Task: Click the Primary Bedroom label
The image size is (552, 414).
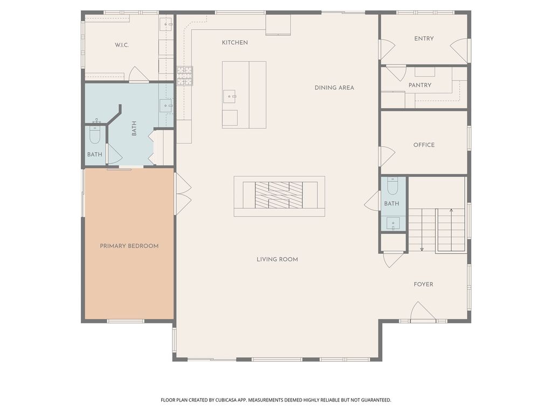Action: coord(129,246)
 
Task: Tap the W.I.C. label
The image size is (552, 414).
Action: coord(121,45)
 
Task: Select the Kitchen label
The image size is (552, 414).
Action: coord(235,43)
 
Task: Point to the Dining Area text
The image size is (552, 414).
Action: coord(334,87)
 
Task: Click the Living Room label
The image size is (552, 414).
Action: coord(277,259)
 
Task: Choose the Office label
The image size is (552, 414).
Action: coord(424,145)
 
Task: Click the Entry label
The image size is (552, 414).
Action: coord(424,39)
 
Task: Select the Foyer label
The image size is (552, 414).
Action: coord(423,284)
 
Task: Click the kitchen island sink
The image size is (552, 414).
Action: coord(230,97)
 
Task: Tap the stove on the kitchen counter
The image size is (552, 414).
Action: coord(184,75)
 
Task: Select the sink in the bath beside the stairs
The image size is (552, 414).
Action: coord(392,222)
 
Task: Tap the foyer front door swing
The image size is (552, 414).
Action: coord(422,313)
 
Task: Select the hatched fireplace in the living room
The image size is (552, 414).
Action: coord(279,195)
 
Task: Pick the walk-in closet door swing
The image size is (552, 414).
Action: coord(137,75)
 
